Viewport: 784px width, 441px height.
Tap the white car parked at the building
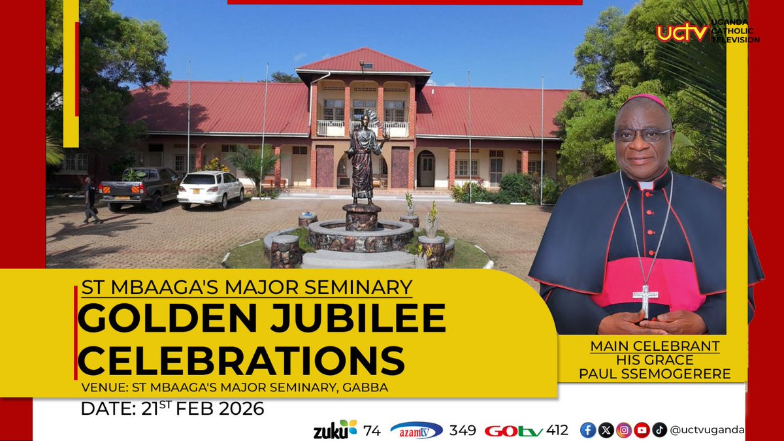click(210, 189)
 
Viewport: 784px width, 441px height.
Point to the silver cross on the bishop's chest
click(645, 299)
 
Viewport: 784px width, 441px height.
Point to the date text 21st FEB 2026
click(172, 409)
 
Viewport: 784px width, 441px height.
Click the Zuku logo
click(335, 430)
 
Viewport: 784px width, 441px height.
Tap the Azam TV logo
click(416, 430)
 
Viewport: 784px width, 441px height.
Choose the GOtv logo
click(514, 431)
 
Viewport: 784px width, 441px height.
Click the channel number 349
click(463, 430)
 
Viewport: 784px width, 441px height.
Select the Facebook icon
click(588, 430)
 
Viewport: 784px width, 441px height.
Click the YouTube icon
click(642, 430)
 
